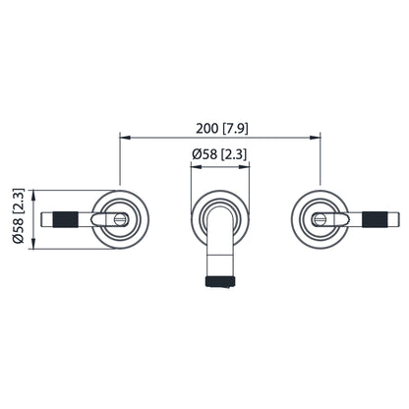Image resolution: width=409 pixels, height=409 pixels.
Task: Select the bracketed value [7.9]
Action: coord(233,127)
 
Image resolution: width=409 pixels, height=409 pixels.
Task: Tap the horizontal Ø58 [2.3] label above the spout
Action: coord(218,155)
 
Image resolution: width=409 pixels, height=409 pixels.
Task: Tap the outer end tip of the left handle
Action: coord(47,218)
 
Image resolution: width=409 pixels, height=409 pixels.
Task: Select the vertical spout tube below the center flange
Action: coord(218,251)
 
